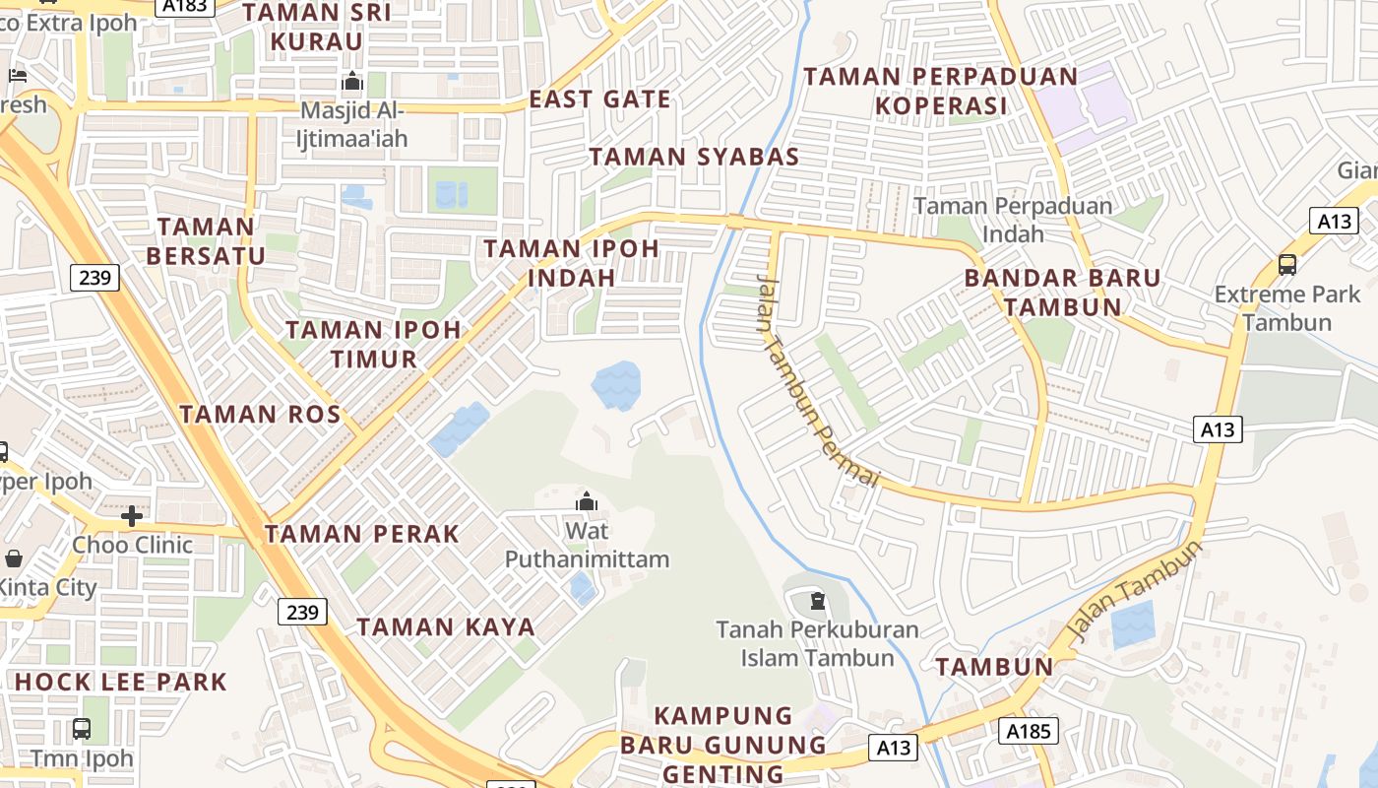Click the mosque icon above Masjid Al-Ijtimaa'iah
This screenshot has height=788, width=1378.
tap(351, 82)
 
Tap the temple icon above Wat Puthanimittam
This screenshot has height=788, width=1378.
tap(587, 502)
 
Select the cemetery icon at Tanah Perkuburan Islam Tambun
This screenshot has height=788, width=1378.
tap(817, 600)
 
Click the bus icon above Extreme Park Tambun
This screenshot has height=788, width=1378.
tap(1286, 264)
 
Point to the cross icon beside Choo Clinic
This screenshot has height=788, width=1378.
tap(132, 516)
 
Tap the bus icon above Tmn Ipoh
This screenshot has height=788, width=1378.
tap(82, 729)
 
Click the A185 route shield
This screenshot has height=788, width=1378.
tap(1030, 731)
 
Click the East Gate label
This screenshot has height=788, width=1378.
tap(599, 99)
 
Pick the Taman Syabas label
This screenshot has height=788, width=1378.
tap(694, 157)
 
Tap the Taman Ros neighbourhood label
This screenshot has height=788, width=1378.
tap(260, 415)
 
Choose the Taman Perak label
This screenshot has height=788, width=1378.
tap(361, 535)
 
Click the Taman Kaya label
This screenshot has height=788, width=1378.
tap(446, 627)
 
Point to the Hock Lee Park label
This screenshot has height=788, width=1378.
tap(121, 682)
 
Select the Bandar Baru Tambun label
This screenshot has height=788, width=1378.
tap(1063, 292)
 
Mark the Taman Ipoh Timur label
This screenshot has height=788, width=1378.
tap(374, 344)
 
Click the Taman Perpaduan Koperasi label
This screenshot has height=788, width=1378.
tap(941, 91)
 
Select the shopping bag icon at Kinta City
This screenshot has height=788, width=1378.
tap(14, 558)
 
